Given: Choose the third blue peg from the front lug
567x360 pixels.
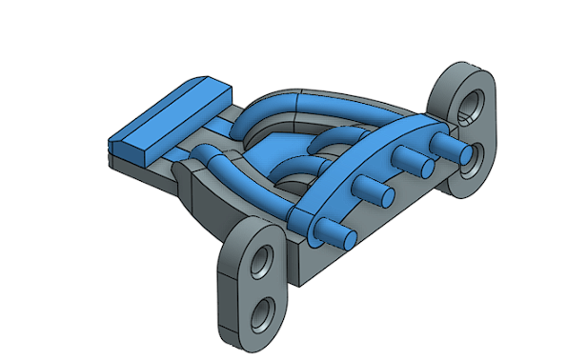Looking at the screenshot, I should point(415,162).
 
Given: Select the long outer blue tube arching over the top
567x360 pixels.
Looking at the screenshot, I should point(314,100).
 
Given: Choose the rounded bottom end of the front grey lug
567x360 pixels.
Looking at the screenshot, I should point(257,333).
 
